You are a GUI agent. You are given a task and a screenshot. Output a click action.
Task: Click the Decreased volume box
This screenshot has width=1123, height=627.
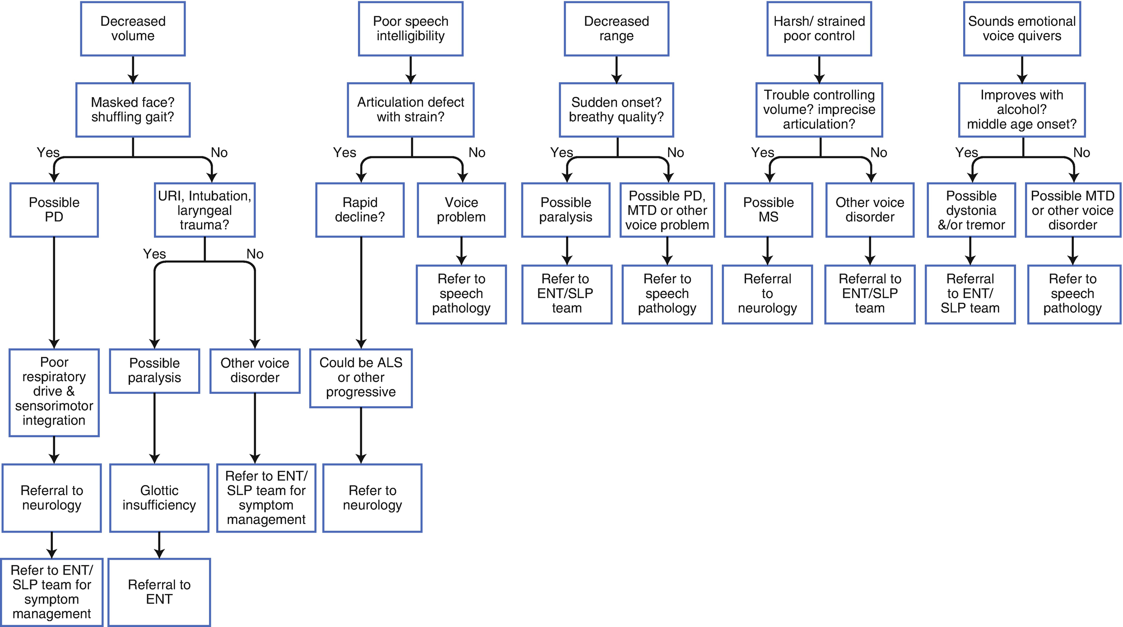133,28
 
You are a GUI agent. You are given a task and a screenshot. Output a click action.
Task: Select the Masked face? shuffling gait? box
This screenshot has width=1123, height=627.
133,110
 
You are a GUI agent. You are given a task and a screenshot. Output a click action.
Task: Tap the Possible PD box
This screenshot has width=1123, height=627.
54,210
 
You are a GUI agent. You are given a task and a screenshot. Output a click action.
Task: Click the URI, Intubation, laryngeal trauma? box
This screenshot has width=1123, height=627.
204,210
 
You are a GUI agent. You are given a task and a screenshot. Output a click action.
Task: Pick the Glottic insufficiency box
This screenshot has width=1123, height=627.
159,498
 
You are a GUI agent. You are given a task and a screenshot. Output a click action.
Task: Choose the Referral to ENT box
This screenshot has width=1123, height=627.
159,592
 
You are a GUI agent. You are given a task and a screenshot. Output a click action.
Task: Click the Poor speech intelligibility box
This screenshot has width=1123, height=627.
410,28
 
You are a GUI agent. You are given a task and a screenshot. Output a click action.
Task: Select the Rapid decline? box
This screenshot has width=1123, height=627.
360,210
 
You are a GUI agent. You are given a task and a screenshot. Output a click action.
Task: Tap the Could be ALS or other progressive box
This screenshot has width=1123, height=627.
361,378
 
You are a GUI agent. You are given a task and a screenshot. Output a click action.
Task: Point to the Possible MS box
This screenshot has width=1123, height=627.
768,210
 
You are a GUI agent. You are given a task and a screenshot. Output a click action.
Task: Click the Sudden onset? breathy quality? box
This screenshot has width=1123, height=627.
616,110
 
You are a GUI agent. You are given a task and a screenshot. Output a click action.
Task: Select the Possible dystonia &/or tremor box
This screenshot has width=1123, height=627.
971,210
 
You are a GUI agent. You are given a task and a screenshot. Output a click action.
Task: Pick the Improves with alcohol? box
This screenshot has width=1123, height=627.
1021,110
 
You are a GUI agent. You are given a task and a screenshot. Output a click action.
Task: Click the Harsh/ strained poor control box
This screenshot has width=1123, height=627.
819,28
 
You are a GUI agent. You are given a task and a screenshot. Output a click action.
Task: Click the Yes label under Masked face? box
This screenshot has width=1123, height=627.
48,153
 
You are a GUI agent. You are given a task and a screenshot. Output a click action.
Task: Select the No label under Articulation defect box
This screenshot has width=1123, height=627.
477,153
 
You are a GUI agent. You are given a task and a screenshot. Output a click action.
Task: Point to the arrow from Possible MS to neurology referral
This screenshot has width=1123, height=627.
767,251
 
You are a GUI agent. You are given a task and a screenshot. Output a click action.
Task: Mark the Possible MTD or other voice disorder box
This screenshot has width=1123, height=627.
1072,210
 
